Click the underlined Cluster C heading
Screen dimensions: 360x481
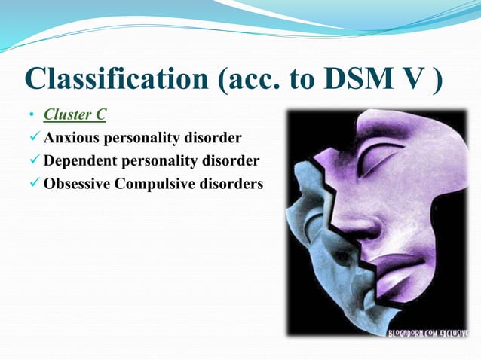click(75, 115)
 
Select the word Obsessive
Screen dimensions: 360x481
click(76, 184)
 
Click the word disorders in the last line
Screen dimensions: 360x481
click(229, 184)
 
